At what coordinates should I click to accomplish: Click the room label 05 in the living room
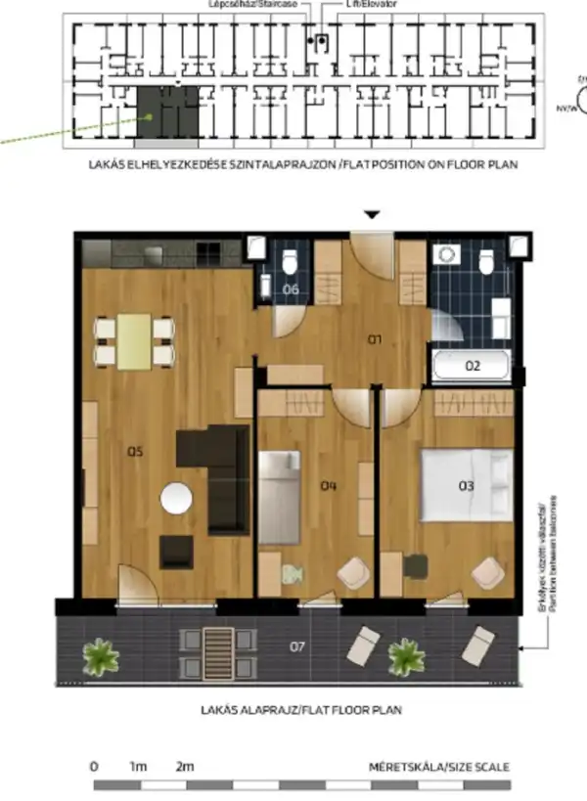point(136,452)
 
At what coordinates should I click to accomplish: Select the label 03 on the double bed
point(467,484)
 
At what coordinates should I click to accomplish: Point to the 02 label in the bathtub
point(473,368)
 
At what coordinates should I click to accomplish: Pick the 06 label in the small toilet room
point(291,289)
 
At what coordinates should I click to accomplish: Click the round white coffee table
point(177,500)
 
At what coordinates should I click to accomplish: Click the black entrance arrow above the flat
point(372,214)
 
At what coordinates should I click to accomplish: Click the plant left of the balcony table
point(99,655)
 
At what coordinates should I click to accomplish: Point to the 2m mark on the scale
point(184,767)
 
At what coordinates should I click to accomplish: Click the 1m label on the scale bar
point(137,767)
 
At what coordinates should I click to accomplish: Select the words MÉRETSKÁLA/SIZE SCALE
point(438,767)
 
